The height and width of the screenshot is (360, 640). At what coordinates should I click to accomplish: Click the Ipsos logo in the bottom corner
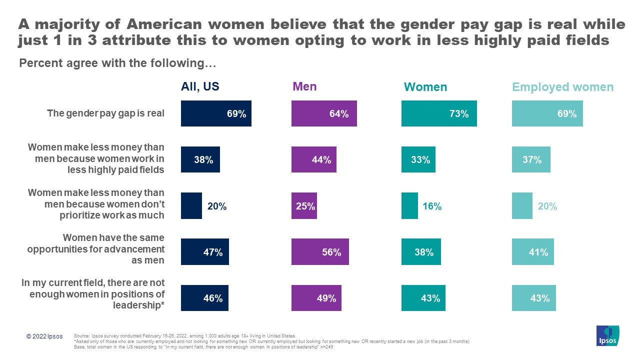click(607, 336)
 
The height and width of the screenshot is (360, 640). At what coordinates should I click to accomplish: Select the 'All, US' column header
click(200, 86)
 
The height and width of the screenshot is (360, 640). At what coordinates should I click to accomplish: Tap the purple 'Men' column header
click(304, 86)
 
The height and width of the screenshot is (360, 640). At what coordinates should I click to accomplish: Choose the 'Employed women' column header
click(562, 87)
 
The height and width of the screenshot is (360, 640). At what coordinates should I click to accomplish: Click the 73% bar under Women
click(439, 113)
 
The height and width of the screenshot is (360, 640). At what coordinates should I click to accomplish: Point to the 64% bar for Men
click(324, 113)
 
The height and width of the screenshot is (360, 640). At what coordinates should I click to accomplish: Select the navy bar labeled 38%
click(200, 159)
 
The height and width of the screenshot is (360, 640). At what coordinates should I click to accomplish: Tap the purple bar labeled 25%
click(304, 206)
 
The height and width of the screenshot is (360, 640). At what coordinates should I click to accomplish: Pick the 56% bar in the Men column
click(320, 252)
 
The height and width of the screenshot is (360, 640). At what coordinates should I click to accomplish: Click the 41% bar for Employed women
click(532, 252)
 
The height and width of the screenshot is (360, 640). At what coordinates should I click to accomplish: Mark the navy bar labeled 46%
click(204, 298)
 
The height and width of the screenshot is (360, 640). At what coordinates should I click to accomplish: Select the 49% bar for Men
click(316, 298)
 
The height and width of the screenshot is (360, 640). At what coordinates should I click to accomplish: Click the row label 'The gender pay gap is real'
click(105, 113)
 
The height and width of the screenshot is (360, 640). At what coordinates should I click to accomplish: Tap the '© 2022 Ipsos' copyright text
click(44, 336)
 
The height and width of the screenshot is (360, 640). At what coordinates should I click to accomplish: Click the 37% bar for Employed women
click(531, 159)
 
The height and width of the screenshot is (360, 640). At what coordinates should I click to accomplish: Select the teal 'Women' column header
click(425, 87)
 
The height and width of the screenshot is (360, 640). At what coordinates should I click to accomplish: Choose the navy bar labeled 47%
click(205, 252)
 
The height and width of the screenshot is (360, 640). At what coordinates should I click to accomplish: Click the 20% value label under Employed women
click(547, 206)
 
